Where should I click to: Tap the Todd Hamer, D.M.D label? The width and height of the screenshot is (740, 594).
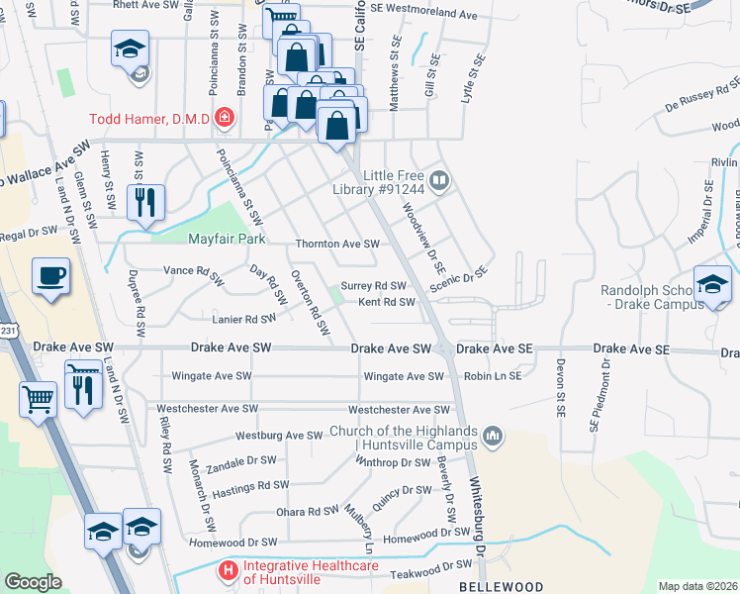point(149,119)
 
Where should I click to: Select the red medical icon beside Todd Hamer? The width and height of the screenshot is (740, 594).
point(225,119)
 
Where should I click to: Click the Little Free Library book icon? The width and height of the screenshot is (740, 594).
point(440,181)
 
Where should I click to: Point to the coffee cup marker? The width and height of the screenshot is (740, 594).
point(49,276)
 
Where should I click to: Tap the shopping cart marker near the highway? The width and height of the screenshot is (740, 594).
point(38,401)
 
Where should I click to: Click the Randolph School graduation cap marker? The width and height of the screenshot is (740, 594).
point(712,284)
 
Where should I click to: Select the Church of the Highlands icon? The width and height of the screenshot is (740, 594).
point(493,435)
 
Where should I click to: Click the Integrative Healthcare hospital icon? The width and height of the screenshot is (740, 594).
point(229,571)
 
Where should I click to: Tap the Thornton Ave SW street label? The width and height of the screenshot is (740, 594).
point(337,244)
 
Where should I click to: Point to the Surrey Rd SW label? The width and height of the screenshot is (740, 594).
point(373,286)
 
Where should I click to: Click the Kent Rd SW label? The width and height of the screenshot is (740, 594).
point(386,302)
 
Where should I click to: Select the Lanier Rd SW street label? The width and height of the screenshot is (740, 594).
point(244,319)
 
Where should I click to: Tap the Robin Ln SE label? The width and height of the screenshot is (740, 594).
point(492,376)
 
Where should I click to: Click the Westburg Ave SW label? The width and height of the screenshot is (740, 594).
point(279,436)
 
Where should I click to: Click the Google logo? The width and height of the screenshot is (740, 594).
point(33,582)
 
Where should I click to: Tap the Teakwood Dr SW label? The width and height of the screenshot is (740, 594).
point(433,564)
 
